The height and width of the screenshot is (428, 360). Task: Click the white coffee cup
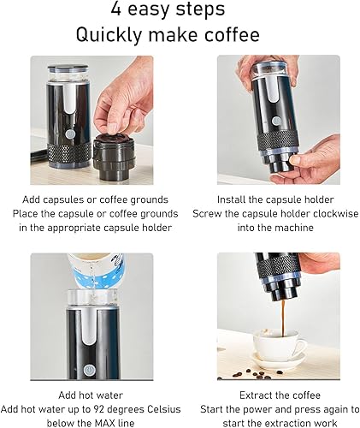[x=280, y=348]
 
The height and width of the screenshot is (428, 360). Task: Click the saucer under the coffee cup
[x=280, y=363]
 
